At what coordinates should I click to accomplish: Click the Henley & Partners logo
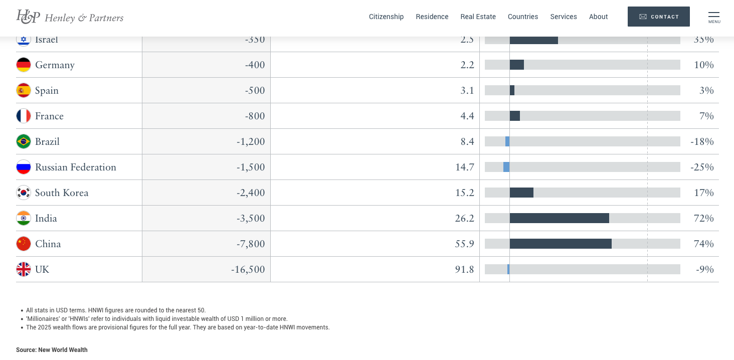point(70,17)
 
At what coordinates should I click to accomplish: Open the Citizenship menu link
point(386,17)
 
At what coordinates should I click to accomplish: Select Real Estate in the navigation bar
point(478,17)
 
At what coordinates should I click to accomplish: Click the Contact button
point(658,17)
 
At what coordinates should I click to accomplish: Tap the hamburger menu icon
point(713,17)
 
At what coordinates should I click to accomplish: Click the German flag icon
point(24,65)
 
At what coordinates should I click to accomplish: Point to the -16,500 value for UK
point(248,269)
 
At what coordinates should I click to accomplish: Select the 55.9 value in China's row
point(464,244)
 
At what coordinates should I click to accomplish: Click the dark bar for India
point(559,218)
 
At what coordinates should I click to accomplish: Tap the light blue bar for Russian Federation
point(506,167)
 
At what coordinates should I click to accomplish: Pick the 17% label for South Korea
point(703,193)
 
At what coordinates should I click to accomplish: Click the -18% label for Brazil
point(701,141)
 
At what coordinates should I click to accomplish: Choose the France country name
point(49,116)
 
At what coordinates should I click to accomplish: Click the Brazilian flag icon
point(24,141)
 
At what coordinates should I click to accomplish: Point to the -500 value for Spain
point(255,90)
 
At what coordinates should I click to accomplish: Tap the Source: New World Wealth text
point(52,350)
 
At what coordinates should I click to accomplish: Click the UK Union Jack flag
point(24,269)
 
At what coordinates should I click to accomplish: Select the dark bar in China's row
point(561,244)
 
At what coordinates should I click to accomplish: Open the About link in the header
point(598,17)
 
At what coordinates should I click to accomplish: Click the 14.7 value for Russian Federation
point(464,167)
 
